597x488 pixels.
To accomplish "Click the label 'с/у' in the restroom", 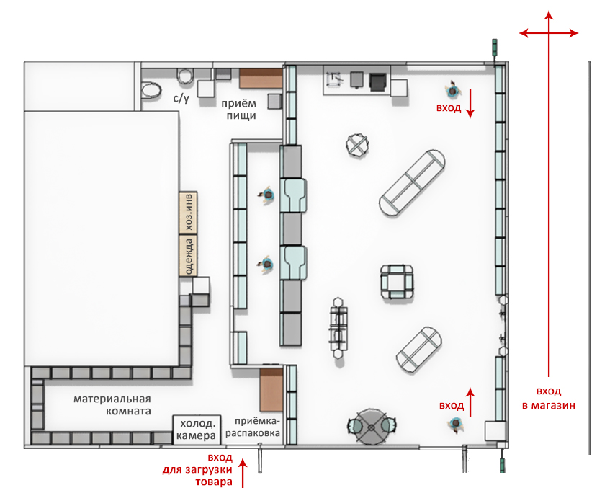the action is (x=181, y=98).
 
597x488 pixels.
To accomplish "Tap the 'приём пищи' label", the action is (x=238, y=109).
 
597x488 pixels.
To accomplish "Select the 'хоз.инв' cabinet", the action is (x=188, y=213).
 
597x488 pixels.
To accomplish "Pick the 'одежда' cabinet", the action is (x=188, y=256).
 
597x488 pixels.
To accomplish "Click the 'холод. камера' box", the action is (x=197, y=430).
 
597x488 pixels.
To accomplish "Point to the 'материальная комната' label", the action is (x=112, y=405).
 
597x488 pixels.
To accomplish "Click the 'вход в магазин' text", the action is (x=549, y=398).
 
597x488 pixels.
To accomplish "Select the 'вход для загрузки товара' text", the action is (x=197, y=470).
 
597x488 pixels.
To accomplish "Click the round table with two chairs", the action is (x=371, y=427).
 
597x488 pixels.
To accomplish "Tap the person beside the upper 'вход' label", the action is (x=453, y=90).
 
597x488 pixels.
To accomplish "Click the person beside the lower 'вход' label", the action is (x=456, y=424).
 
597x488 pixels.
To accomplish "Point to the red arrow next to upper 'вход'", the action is (x=470, y=103).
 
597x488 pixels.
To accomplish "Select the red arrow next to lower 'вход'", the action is (x=470, y=403).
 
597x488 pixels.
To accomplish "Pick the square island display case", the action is (x=397, y=283).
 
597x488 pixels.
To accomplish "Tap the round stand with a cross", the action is (x=357, y=145).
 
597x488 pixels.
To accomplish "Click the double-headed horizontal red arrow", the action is (x=549, y=33).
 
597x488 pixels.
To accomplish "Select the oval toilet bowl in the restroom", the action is (x=151, y=92).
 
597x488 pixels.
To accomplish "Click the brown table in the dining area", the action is (x=261, y=78).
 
